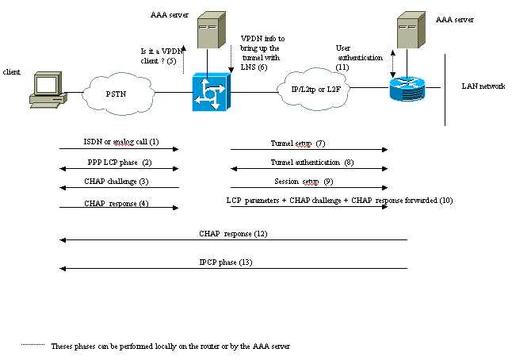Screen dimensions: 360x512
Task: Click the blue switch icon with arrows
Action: pyautogui.click(x=209, y=94)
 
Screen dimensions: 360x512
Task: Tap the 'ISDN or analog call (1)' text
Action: pyautogui.click(x=121, y=141)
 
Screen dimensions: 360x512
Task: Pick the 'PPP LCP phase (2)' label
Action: pyautogui.click(x=120, y=162)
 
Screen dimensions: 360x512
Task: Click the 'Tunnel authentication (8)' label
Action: pyautogui.click(x=309, y=162)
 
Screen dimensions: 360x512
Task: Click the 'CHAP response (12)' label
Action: pyautogui.click(x=234, y=234)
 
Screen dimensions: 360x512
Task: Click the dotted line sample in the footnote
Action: pyautogui.click(x=32, y=346)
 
